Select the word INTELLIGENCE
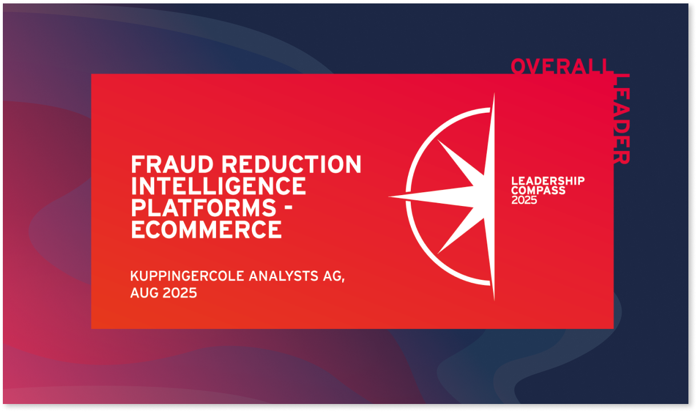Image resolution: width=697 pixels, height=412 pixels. tap(218, 186)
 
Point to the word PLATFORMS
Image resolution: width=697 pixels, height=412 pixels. tap(203, 208)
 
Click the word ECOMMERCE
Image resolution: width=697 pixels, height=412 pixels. tap(206, 229)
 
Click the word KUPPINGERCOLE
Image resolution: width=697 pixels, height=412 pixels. tap(187, 276)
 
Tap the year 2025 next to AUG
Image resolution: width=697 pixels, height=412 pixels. tap(180, 293)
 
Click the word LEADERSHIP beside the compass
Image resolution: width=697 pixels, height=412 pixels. tap(548, 181)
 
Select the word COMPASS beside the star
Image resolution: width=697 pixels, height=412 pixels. tap(538, 191)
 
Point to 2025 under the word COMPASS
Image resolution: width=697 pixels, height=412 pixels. tap(524, 200)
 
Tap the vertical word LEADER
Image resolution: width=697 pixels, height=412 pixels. tap(622, 119)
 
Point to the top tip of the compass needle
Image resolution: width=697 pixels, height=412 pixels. tap(494, 93)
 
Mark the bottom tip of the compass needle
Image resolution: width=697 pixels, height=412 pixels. tap(494, 300)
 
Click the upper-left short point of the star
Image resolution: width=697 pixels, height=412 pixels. tap(438, 140)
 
